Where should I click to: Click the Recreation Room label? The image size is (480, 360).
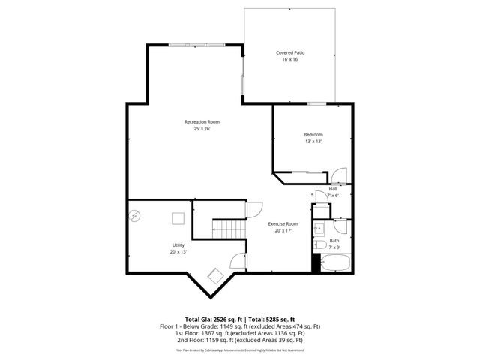point(202,121)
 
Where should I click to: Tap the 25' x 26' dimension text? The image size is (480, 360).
point(202,129)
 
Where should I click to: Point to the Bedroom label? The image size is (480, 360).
point(313,134)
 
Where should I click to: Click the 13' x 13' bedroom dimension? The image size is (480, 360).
point(313,142)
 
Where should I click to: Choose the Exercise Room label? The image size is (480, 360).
point(283,223)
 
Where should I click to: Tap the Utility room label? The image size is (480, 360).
point(178,244)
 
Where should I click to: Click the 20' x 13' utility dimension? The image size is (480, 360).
point(178,252)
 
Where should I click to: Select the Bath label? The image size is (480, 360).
point(334,240)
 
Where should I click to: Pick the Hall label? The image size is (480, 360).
point(333,188)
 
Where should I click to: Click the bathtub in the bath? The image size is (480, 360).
point(335,262)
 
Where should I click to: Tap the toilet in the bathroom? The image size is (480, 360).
point(319,245)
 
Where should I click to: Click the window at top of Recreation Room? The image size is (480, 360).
point(195,45)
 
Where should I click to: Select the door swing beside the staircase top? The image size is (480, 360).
point(255,208)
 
